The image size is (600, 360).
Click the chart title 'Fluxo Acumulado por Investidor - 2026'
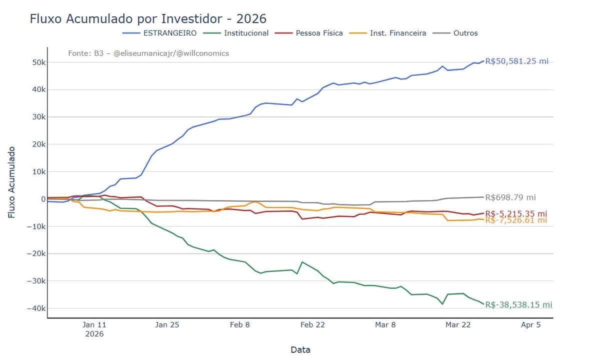(x=148, y=19)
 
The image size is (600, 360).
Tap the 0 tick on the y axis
(x=43, y=199)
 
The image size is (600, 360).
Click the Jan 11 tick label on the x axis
(x=94, y=325)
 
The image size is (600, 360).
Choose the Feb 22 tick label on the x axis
(x=312, y=325)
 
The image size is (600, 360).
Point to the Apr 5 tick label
(x=530, y=325)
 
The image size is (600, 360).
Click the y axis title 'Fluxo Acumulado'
(x=11, y=182)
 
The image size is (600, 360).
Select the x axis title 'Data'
(x=300, y=350)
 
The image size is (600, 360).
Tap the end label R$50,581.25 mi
(x=516, y=61)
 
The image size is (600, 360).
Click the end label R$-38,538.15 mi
(x=518, y=305)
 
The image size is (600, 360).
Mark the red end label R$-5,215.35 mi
(x=516, y=213)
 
